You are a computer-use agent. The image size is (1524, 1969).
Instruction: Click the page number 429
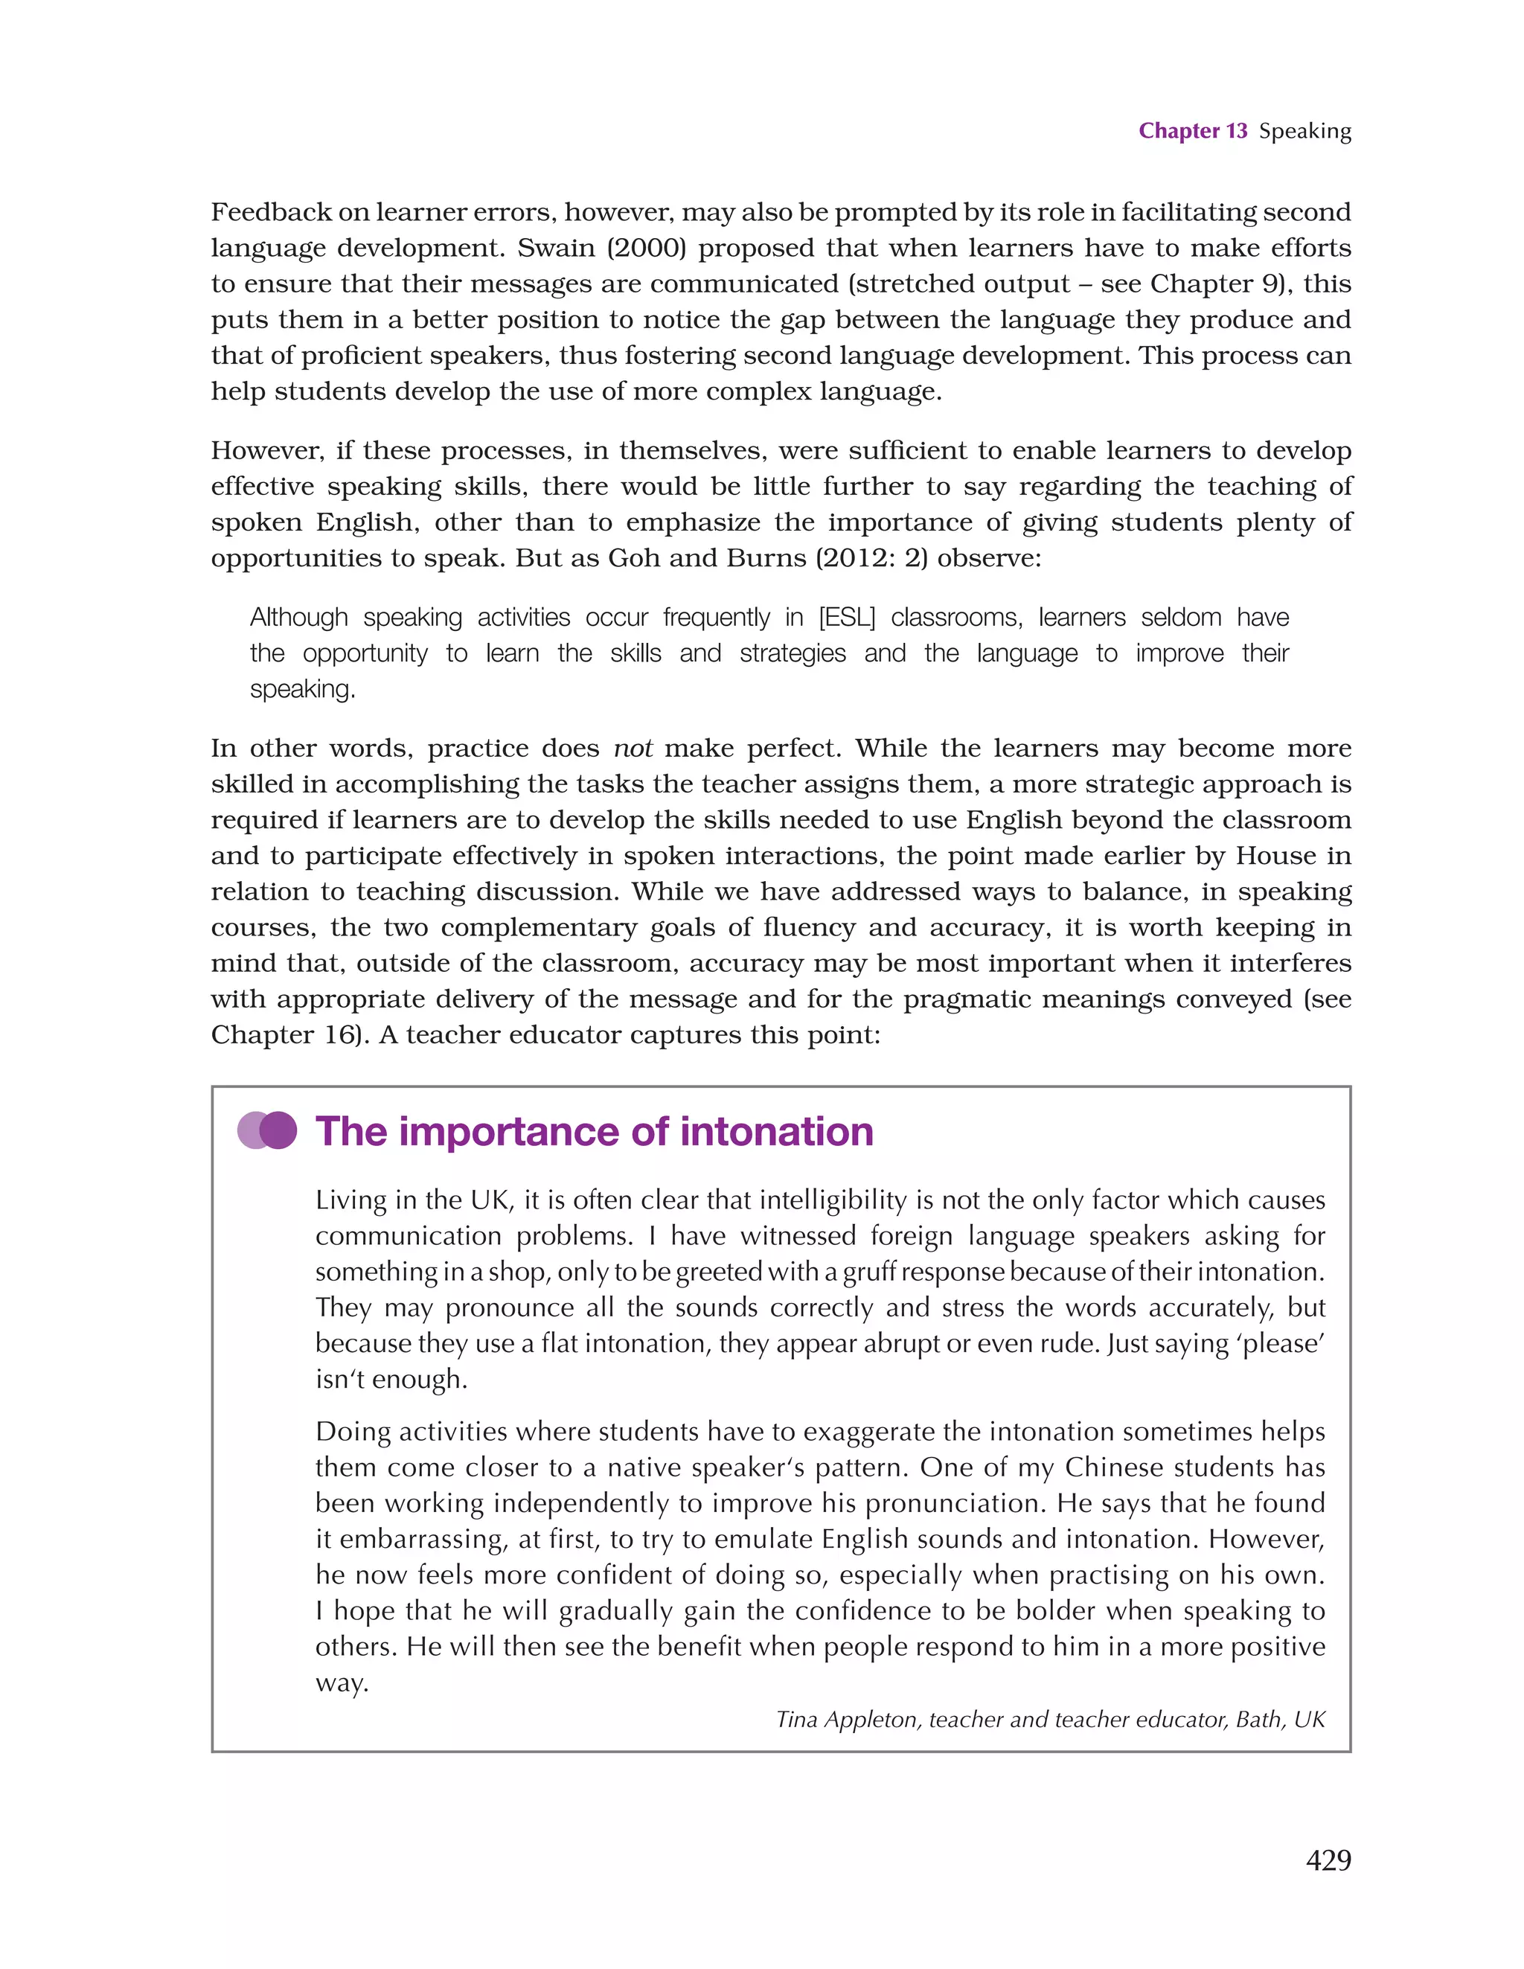pyautogui.click(x=1328, y=1860)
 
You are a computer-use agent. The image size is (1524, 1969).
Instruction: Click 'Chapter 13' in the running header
pyautogui.click(x=1192, y=131)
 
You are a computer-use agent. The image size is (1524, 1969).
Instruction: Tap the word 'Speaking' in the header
pyautogui.click(x=1304, y=132)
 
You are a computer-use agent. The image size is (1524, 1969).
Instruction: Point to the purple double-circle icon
pyautogui.click(x=267, y=1130)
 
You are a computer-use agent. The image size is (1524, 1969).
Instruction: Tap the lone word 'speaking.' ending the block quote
pyautogui.click(x=302, y=690)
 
